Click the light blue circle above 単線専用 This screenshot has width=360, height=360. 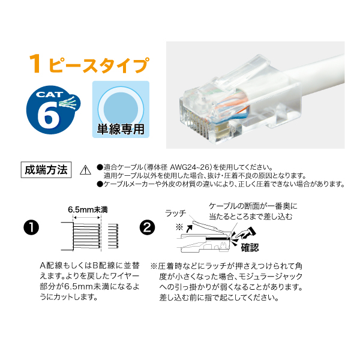pyautogui.click(x=121, y=102)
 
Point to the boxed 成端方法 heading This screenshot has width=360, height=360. pyautogui.click(x=46, y=168)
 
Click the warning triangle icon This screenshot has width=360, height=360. pyautogui.click(x=84, y=170)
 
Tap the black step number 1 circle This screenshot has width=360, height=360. pyautogui.click(x=30, y=228)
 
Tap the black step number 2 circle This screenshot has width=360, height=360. pyautogui.click(x=146, y=228)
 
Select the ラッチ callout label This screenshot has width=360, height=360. pyautogui.click(x=175, y=212)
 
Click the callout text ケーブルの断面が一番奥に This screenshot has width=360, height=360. pyautogui.click(x=253, y=206)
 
